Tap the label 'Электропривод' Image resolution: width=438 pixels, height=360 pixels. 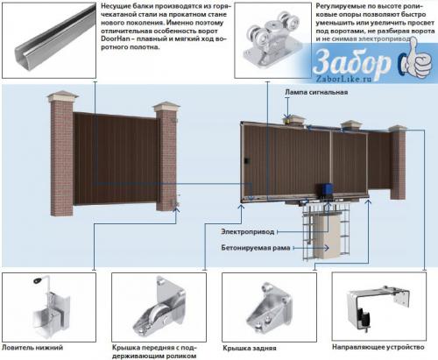249,231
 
